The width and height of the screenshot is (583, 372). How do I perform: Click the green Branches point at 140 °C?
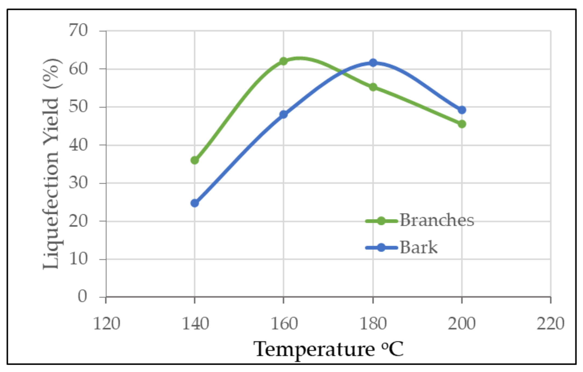195,160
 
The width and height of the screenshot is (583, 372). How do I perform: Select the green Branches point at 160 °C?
283,61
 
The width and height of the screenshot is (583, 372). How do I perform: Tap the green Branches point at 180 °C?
373,87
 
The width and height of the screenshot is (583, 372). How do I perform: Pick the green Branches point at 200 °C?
462,124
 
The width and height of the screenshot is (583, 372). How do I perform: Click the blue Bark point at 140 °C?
195,203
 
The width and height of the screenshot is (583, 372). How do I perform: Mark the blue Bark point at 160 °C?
283,114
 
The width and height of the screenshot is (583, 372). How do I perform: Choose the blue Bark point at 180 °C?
373,63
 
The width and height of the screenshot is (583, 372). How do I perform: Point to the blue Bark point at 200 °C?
462,110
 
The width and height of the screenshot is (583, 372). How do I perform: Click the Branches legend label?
437,220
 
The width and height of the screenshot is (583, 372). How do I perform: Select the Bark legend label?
419,247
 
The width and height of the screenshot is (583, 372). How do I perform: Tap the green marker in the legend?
381,221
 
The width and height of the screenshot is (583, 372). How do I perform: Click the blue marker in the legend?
381,247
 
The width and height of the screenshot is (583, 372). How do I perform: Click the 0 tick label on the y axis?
82,296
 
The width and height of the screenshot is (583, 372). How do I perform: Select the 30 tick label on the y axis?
78,183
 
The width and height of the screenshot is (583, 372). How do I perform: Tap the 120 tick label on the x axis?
106,324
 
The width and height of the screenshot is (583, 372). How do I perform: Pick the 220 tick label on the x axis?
550,324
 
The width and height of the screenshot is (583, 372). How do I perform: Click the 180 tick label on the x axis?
373,324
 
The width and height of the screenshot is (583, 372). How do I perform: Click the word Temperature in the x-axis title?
314,349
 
